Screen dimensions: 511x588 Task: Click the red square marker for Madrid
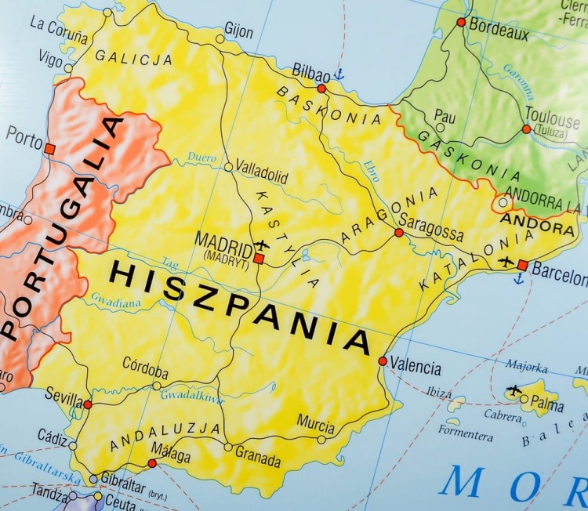pos(259,258)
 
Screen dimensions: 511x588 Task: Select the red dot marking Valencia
pos(383,361)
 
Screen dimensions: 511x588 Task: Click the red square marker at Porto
pos(49,148)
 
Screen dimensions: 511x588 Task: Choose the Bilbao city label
pos(310,71)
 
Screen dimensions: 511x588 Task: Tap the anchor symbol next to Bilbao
pos(339,74)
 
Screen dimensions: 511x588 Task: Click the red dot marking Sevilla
pos(88,404)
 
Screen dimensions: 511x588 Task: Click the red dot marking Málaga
pos(152,463)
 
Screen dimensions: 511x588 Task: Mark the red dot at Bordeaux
pos(461,22)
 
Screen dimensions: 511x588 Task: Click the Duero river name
pos(201,158)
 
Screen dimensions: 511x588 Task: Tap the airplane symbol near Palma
pos(514,390)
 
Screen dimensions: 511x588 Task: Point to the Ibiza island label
pos(438,393)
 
